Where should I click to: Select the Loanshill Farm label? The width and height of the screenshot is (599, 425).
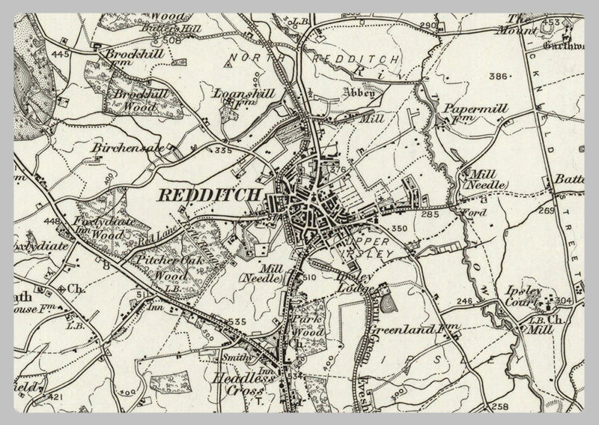click(x=245, y=99)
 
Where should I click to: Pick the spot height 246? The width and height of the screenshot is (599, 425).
click(x=466, y=302)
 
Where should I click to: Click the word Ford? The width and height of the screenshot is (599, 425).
click(x=468, y=214)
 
